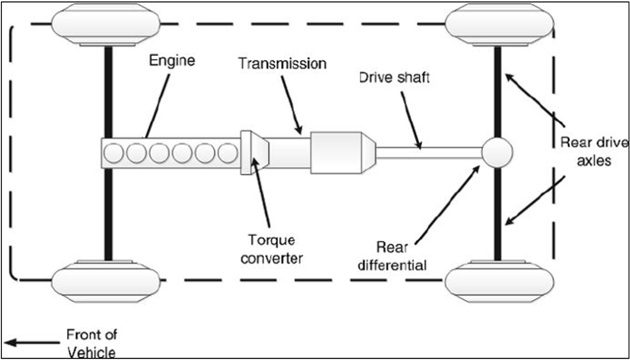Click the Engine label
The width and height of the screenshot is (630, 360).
172,61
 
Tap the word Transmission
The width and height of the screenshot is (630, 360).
282,64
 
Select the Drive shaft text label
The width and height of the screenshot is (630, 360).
394,77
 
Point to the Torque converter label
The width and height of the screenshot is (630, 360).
272,249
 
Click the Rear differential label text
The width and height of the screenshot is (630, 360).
392,256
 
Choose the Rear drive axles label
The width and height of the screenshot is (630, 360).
594,152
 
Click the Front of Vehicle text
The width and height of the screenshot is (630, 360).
91,343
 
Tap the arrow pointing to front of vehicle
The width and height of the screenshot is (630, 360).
31,343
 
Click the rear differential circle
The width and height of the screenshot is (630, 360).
497,152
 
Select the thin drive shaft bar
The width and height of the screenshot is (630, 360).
428,153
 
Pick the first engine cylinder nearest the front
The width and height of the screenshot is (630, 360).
113,154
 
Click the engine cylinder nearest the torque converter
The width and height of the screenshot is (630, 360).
228,154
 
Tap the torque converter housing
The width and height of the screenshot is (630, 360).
255,152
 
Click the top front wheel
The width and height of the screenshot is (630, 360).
106,25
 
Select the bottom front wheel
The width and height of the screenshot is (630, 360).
106,281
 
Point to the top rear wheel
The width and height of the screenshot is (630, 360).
500,25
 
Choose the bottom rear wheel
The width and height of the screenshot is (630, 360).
500,281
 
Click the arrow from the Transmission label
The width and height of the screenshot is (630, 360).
291,104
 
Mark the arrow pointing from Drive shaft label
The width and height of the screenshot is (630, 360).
411,120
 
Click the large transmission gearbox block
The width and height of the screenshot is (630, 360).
343,152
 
